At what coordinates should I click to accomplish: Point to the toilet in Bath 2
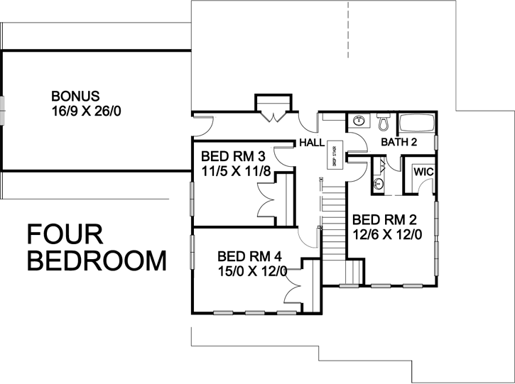[x=383, y=124]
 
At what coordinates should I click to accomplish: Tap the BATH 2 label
[x=399, y=143]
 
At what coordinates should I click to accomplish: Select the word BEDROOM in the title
[x=96, y=261]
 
